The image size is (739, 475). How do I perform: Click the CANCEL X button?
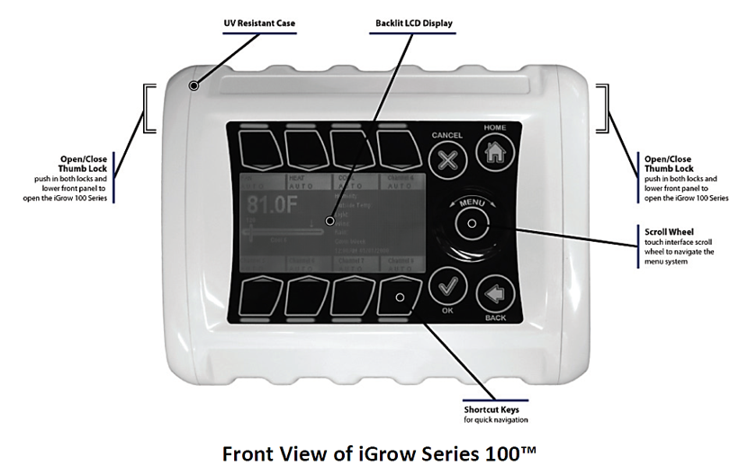[x=447, y=161]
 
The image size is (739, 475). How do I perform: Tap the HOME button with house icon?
[x=494, y=152]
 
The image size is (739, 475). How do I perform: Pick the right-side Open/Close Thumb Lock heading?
[x=668, y=164]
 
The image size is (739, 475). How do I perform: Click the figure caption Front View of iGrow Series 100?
[x=370, y=453]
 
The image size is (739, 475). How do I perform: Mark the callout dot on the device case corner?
[x=194, y=85]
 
